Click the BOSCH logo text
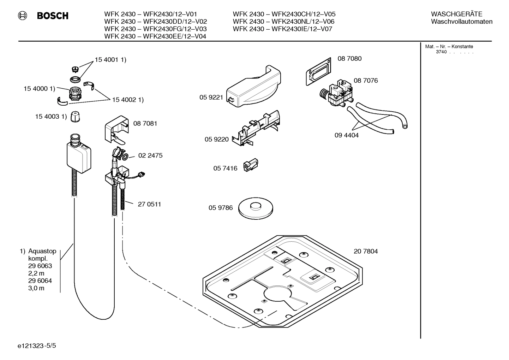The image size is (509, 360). click(x=52, y=16)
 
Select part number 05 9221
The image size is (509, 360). click(x=211, y=98)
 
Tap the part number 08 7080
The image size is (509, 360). click(x=349, y=59)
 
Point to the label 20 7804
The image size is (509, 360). click(x=366, y=252)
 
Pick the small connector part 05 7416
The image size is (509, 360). click(x=251, y=165)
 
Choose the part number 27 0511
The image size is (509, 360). click(x=149, y=205)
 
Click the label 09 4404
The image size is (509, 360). click(x=346, y=135)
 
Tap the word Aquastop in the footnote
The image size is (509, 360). click(x=42, y=251)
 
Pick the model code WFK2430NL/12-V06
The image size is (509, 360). click(x=303, y=22)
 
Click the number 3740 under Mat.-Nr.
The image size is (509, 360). click(x=441, y=52)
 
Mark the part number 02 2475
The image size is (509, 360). click(x=150, y=155)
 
